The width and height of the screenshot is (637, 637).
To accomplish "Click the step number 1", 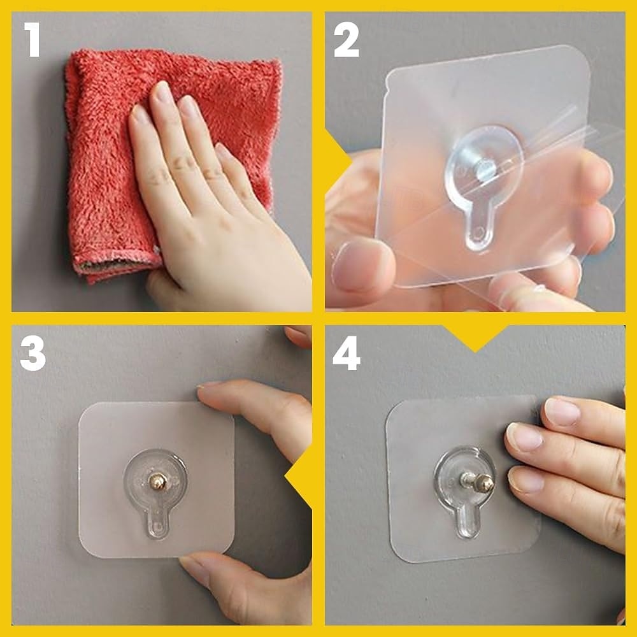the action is (x=32, y=39).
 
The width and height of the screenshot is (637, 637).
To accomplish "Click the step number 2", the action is (x=346, y=39).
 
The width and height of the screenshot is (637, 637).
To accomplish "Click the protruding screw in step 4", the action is (x=478, y=482).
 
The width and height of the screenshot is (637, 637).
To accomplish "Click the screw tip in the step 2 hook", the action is (x=485, y=171).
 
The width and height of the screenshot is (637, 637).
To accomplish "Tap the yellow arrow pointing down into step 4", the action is (x=475, y=337).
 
